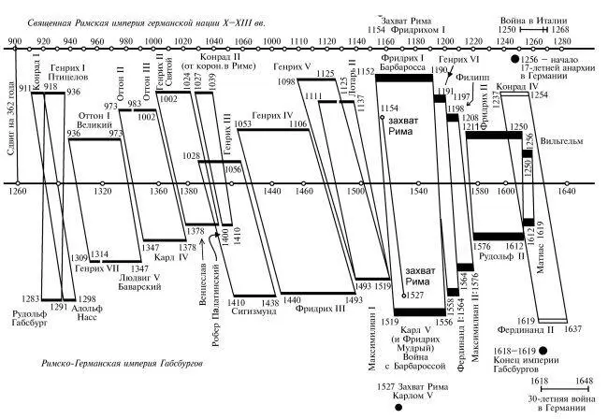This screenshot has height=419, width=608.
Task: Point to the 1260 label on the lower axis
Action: [x=16, y=191]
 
